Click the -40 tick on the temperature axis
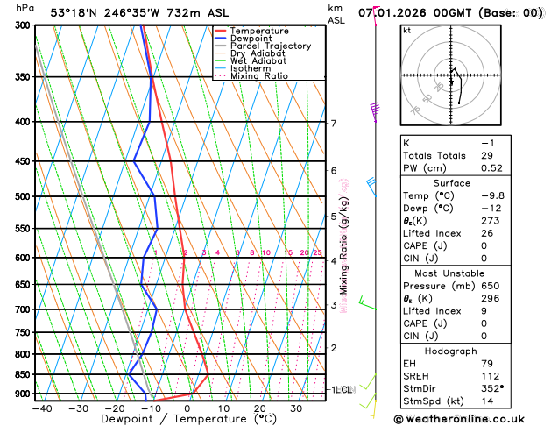point(41,408)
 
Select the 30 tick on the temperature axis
point(296,408)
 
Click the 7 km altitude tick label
point(334,123)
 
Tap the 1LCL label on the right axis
point(340,389)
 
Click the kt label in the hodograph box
point(407,30)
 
